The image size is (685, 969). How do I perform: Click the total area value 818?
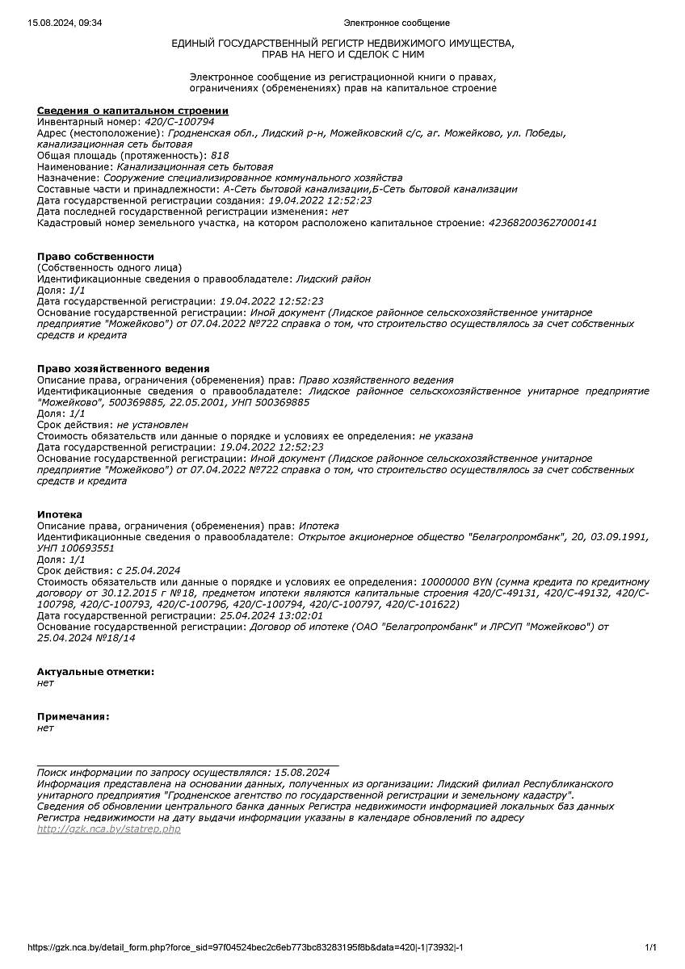point(220,155)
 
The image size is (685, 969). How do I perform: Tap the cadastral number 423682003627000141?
point(544,223)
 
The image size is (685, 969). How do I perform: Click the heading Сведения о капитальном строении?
point(132,111)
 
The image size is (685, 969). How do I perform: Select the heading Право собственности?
point(95,256)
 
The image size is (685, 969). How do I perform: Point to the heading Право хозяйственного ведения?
point(123,368)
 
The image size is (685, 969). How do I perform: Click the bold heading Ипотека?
point(59,514)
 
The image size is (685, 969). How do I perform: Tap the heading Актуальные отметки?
point(95,671)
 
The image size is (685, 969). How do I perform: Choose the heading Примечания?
point(73,716)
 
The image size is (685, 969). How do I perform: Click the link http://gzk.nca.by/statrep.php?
point(109,829)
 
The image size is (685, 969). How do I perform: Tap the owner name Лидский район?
point(334,279)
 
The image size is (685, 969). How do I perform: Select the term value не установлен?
point(153,424)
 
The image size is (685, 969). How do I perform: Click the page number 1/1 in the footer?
point(650,947)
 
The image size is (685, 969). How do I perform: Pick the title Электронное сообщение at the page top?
point(397,23)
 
